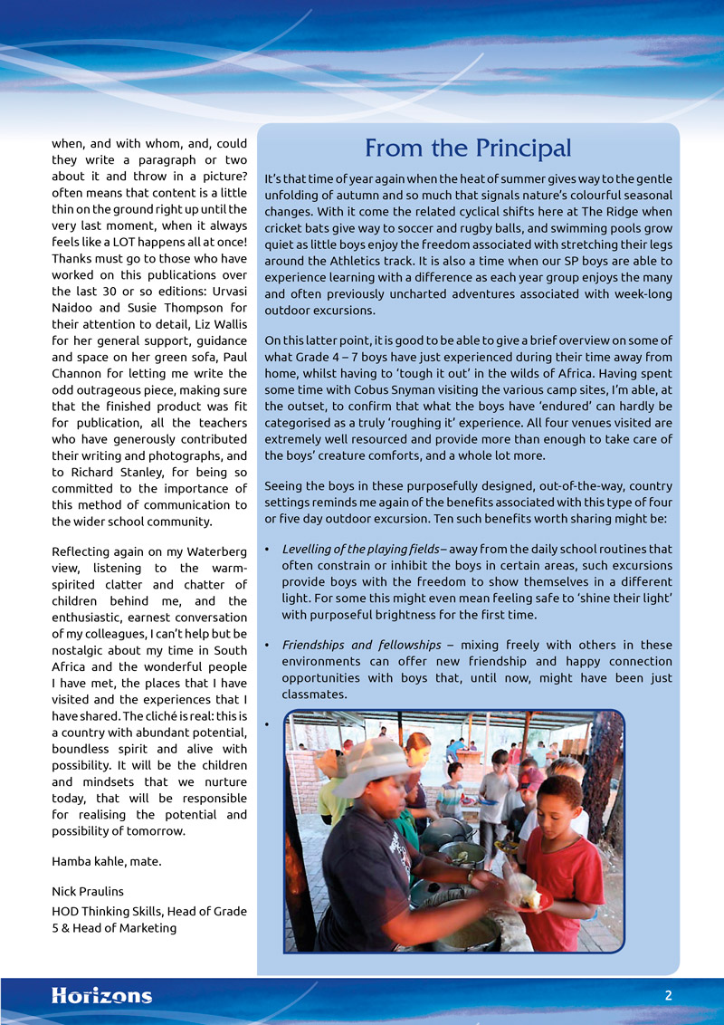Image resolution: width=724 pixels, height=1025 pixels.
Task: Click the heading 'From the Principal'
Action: point(468,148)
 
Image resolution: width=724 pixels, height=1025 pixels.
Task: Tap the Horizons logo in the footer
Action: point(101,996)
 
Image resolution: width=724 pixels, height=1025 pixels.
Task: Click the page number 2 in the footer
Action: point(668,995)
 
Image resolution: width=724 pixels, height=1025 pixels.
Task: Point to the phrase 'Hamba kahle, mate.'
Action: point(107,861)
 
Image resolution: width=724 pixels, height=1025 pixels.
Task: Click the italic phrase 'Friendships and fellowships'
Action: point(361,645)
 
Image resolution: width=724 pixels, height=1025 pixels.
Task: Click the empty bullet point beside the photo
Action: point(268,723)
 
